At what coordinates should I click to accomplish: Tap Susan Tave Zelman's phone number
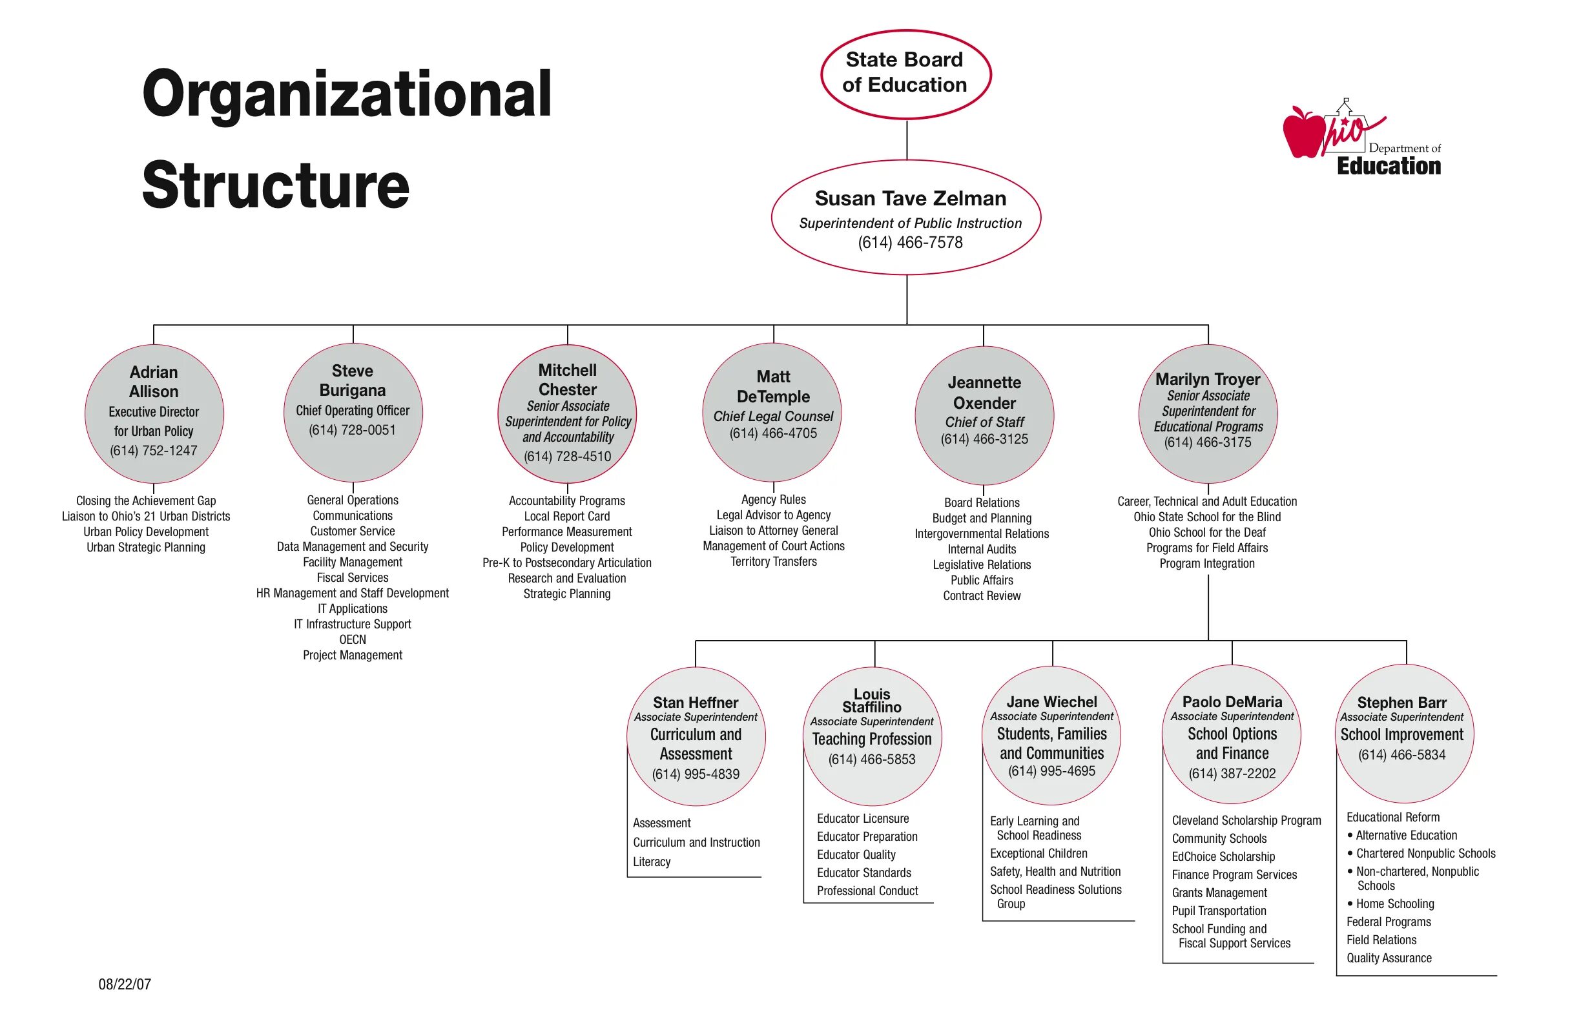tap(910, 242)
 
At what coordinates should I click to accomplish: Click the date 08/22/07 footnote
tap(125, 984)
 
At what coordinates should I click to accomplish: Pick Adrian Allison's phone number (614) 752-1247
tap(154, 450)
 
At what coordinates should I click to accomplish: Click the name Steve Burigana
tap(353, 380)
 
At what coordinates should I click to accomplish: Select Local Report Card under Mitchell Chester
tap(566, 516)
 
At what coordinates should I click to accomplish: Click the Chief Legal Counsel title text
tap(773, 417)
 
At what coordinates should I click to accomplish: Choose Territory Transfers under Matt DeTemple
tap(773, 562)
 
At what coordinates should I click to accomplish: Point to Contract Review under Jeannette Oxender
tap(982, 596)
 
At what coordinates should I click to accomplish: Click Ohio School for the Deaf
tap(1207, 533)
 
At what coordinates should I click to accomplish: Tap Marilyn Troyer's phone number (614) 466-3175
tap(1208, 442)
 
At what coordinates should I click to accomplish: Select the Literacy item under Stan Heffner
tap(652, 862)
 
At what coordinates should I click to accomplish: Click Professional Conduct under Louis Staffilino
tap(867, 891)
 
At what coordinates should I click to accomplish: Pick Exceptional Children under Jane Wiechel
tap(1038, 854)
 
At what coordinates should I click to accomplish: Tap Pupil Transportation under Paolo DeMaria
tap(1218, 911)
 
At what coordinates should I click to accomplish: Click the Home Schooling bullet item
tap(1394, 904)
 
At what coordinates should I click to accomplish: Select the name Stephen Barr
tap(1401, 703)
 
